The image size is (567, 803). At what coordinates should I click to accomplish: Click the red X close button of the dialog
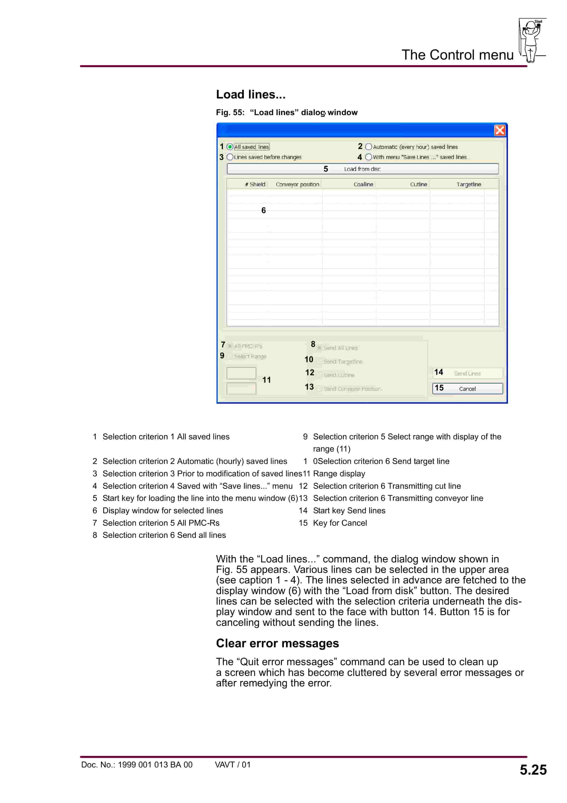point(500,130)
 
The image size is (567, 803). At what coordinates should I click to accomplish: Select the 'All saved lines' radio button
point(230,147)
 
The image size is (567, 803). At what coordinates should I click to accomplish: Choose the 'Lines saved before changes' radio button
point(230,157)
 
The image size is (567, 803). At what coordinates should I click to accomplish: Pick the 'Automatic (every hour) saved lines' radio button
point(369,147)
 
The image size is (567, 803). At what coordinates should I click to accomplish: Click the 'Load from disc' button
point(362,169)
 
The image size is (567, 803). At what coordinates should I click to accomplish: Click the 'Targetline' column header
point(468,184)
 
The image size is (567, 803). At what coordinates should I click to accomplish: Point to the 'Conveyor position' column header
point(297,184)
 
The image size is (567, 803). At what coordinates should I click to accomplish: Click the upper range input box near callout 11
point(241,373)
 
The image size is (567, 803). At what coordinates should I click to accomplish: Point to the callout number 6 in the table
point(263,210)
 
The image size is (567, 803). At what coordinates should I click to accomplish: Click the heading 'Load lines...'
point(251,94)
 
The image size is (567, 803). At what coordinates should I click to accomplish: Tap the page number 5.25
point(533,770)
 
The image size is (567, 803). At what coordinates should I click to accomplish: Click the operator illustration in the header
point(531,40)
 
